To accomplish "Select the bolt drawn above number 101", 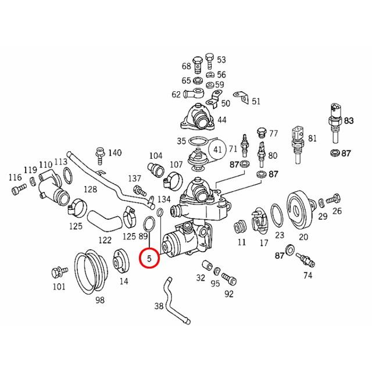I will click(x=58, y=271).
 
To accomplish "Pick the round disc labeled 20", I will click(x=303, y=208).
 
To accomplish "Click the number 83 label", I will click(x=348, y=120).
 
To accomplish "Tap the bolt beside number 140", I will click(x=100, y=153).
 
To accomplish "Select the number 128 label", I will click(x=90, y=189).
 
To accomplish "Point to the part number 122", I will click(x=105, y=239).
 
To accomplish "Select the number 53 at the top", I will click(x=221, y=60).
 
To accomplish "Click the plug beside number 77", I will click(x=260, y=131).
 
